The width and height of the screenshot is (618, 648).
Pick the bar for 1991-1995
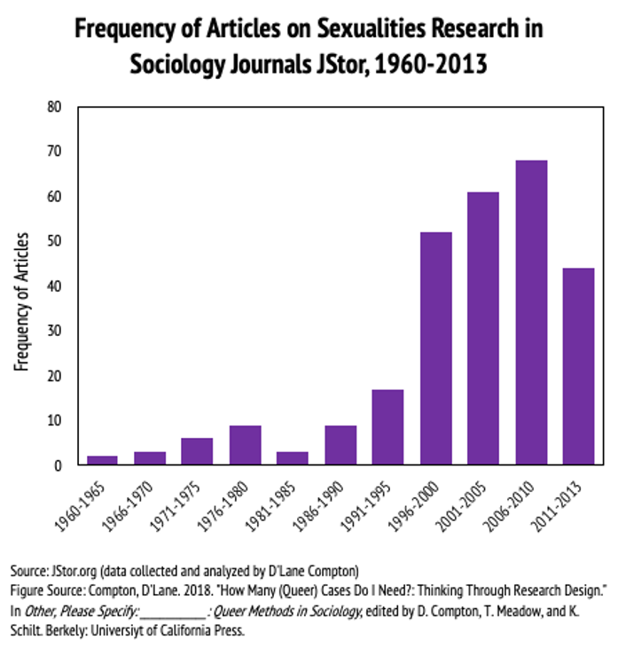click(x=388, y=426)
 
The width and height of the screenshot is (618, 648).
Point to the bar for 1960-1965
click(x=101, y=460)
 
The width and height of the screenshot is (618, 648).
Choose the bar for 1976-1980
click(x=245, y=445)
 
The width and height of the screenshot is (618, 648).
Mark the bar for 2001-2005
click(x=483, y=328)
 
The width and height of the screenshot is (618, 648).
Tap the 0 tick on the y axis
click(x=59, y=465)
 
